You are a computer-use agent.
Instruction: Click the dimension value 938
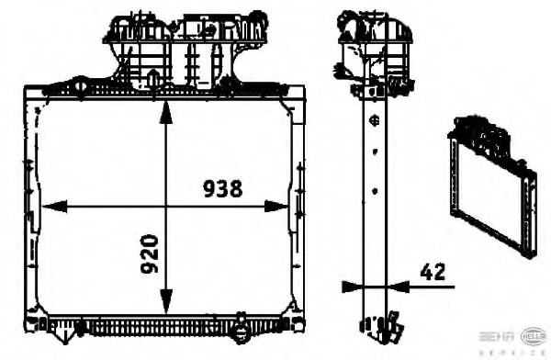point(222,189)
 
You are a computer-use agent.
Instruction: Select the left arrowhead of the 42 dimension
point(350,287)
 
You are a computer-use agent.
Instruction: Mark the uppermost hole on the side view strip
point(373,120)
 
